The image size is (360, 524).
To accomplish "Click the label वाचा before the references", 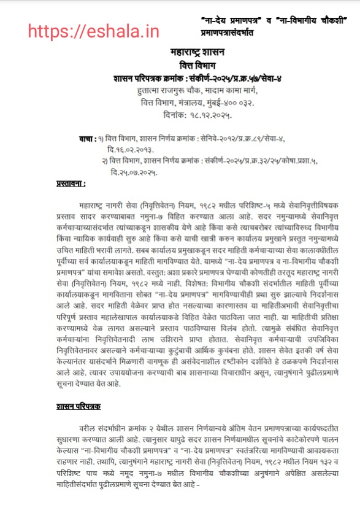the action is click(x=87, y=137).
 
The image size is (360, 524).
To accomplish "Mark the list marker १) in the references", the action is click(x=102, y=137).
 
